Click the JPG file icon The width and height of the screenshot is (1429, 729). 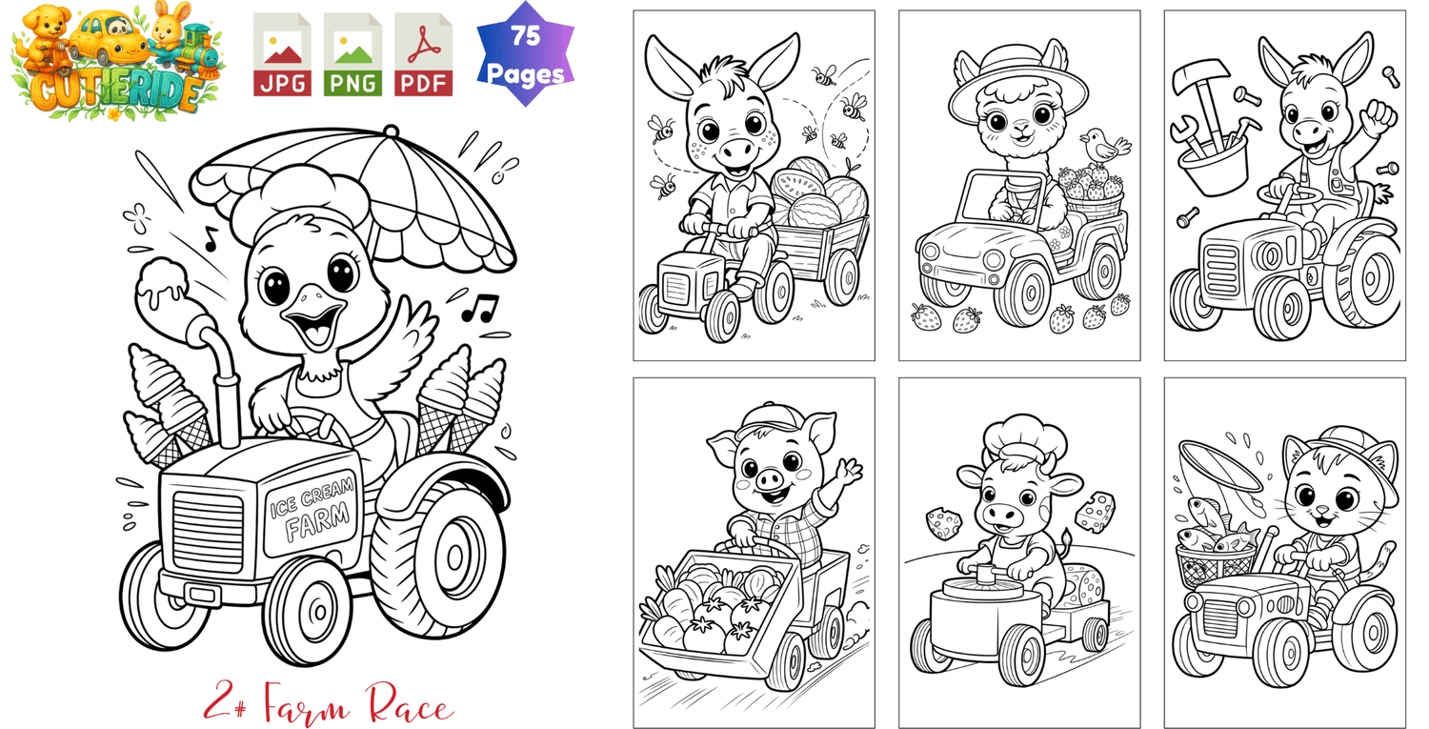click(282, 55)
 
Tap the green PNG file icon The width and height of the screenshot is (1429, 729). click(352, 55)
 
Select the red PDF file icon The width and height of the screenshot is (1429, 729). click(424, 55)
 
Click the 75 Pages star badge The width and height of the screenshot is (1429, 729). click(526, 54)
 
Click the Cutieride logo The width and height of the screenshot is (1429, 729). click(116, 61)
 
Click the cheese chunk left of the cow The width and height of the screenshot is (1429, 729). click(944, 523)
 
